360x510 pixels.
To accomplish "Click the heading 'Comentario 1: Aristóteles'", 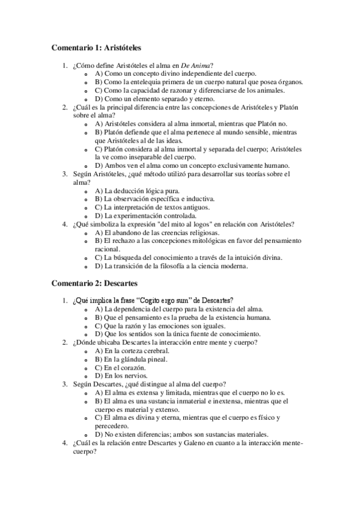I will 96,47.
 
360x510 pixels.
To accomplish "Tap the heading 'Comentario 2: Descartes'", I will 95,282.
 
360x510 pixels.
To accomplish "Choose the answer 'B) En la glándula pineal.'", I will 131,359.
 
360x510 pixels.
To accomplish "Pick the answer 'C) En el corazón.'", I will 120,367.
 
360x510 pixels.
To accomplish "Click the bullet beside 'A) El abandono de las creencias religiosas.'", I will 88,232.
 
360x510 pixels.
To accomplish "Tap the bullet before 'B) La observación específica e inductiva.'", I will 88,198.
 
